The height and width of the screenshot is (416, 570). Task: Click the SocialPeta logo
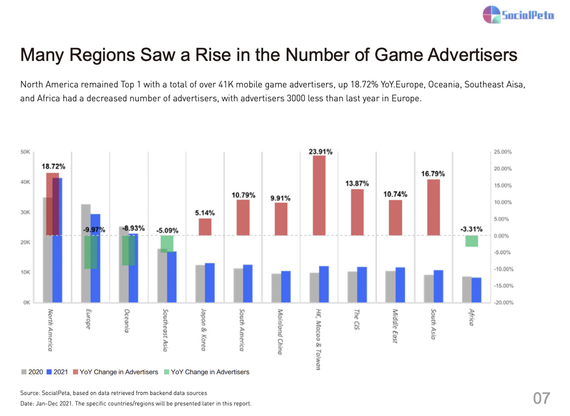(x=518, y=15)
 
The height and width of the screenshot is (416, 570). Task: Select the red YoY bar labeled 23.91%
(x=319, y=195)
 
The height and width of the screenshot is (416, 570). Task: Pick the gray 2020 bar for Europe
(x=86, y=254)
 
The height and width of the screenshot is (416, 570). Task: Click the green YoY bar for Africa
(x=471, y=241)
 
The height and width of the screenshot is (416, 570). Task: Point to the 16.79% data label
(x=433, y=174)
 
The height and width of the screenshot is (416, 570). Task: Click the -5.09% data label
(x=167, y=230)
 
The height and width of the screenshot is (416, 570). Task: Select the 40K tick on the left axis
(x=25, y=182)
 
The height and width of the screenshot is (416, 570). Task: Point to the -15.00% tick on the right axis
(x=503, y=286)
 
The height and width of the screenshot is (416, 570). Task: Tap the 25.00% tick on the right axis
(x=503, y=152)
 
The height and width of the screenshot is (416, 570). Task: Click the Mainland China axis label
(x=280, y=332)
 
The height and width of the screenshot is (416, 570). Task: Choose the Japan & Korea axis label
(x=203, y=330)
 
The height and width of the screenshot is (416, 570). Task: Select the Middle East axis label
(x=395, y=326)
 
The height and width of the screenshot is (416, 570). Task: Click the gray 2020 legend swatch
(x=24, y=372)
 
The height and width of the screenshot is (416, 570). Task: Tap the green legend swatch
(x=167, y=372)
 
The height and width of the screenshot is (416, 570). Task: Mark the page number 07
(x=541, y=398)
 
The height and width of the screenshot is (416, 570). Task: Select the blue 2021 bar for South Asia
(x=438, y=286)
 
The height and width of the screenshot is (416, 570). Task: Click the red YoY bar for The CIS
(x=357, y=212)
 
